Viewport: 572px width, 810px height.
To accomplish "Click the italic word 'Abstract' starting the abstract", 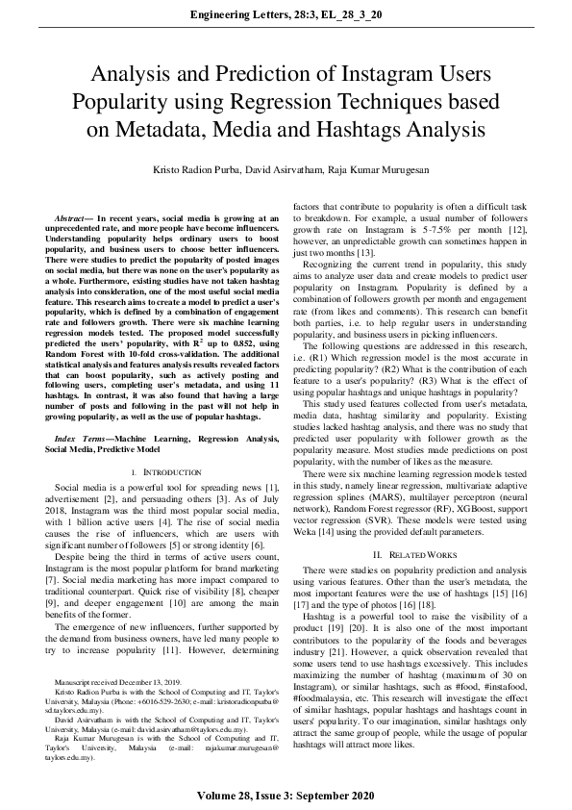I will click(x=73, y=219).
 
